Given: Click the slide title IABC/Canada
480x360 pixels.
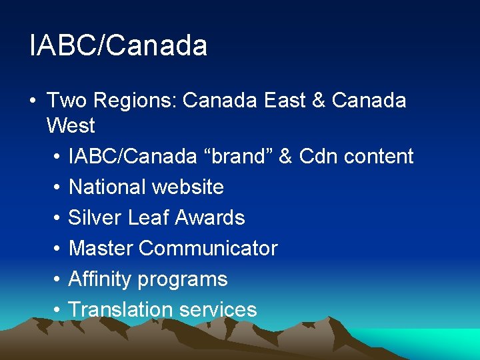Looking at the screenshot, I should tap(119, 45).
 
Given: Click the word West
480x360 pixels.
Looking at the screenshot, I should tap(71, 125).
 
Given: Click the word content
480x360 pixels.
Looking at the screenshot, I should tap(381, 157).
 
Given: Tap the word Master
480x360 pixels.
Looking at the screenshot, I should tap(101, 249).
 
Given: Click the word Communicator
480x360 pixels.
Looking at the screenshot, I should tap(208, 249).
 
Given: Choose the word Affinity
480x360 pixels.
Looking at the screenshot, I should tap(100, 279).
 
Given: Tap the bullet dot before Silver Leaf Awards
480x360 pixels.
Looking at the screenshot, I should tap(57, 219).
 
